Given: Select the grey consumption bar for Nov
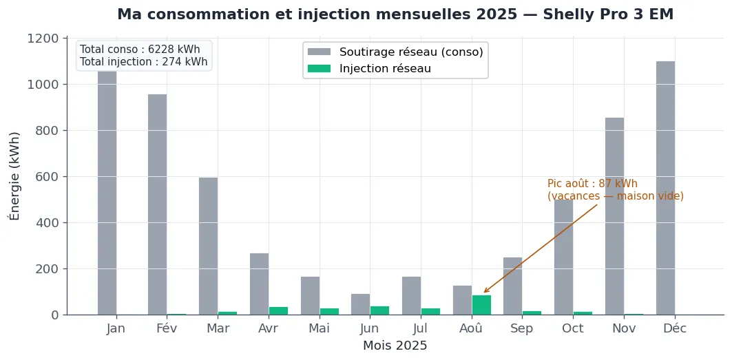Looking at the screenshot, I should pos(614,216).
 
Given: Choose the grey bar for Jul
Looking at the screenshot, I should pos(411,295).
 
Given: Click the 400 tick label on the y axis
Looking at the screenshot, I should pos(47,223).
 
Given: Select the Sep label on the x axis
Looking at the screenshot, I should pos(522,329).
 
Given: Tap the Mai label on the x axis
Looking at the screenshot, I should pos(319,329).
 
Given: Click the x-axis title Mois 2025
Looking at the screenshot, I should pos(395,346).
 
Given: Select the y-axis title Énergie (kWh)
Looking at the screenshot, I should pos(14,176).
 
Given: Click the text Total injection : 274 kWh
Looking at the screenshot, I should pos(143,62).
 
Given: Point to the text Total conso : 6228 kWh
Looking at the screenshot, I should pos(140,50).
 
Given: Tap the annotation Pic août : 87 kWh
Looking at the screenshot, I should pos(592,184).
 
